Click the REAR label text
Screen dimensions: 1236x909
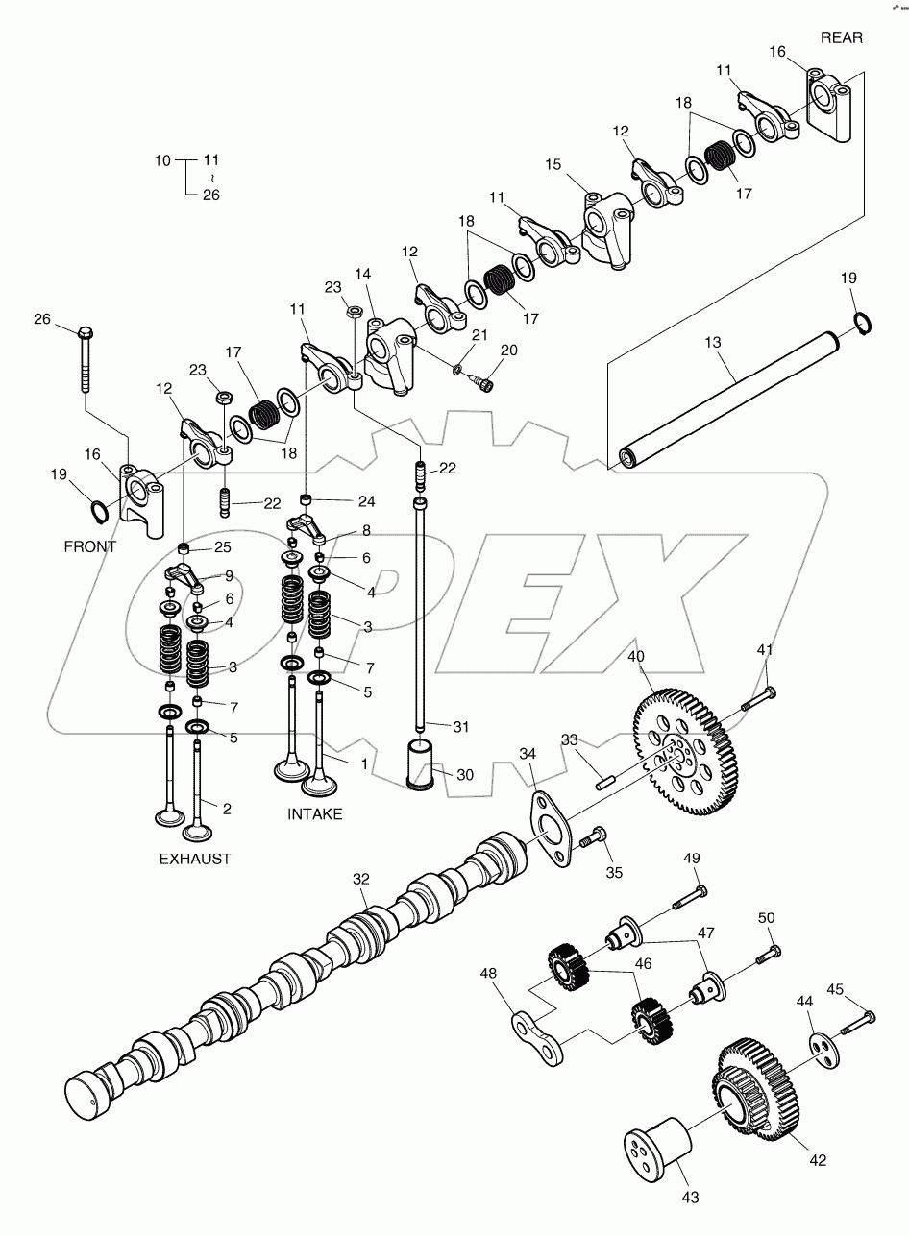pos(841,37)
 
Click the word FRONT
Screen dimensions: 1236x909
pos(89,546)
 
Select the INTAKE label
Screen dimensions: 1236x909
pos(314,813)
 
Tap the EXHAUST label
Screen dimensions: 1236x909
pos(194,859)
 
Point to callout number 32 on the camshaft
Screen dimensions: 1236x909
pos(360,879)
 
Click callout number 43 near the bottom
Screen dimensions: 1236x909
pos(690,1197)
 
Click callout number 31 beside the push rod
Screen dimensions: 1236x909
pos(461,727)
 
